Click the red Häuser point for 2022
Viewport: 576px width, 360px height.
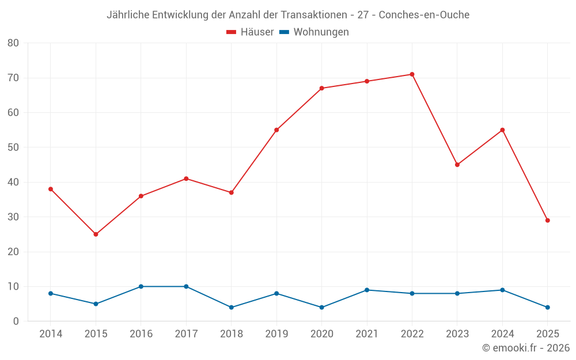(x=412, y=74)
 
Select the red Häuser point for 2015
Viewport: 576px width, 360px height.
(x=96, y=234)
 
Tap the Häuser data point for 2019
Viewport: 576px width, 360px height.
(x=276, y=130)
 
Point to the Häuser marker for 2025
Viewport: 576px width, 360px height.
(x=547, y=221)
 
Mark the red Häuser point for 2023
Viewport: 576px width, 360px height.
(x=457, y=165)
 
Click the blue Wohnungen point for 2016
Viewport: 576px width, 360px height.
(x=141, y=286)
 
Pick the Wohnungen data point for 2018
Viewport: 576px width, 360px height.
(x=231, y=308)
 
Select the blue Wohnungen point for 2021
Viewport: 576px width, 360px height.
(x=367, y=290)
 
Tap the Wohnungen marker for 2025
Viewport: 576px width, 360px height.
(x=547, y=308)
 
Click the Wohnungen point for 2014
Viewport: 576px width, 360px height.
(x=51, y=293)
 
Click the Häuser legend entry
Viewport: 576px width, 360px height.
(x=250, y=32)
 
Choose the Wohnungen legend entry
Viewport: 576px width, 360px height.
(x=314, y=32)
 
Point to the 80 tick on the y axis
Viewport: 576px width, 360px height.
(x=13, y=43)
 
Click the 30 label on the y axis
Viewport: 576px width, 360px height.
(x=13, y=217)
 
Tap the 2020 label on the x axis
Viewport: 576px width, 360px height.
(x=321, y=334)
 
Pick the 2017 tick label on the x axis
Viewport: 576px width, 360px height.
(x=186, y=334)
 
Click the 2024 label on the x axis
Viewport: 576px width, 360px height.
(x=502, y=334)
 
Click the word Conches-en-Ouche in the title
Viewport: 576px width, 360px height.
(x=424, y=15)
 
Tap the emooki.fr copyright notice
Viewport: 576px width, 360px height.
(x=525, y=348)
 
